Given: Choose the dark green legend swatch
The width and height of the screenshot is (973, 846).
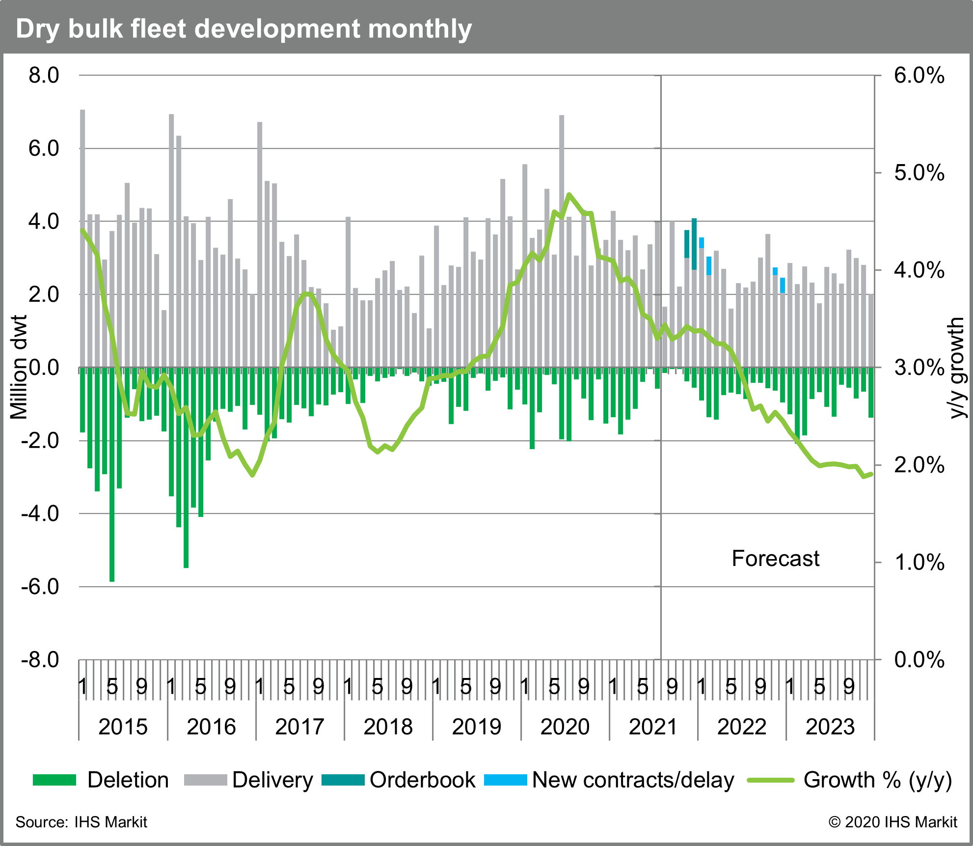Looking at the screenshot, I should [54, 780].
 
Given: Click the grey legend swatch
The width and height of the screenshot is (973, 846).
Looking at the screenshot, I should [205, 780].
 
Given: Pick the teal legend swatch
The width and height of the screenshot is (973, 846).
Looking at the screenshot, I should [343, 780].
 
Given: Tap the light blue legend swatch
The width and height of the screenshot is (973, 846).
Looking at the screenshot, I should [505, 780].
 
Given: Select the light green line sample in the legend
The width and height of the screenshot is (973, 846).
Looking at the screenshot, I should [770, 780].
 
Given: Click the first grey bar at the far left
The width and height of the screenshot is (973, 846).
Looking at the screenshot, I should [83, 236].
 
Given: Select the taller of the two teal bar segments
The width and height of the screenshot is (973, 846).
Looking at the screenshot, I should [694, 244].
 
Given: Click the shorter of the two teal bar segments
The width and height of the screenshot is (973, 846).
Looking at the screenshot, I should [687, 244].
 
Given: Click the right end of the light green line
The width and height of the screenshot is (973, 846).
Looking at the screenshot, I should [871, 474].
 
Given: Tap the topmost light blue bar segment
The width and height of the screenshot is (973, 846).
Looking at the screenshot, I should [702, 243].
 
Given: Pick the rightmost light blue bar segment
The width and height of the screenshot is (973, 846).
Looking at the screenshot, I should [783, 285].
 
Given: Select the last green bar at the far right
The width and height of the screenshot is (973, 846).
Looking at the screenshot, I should [871, 393].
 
